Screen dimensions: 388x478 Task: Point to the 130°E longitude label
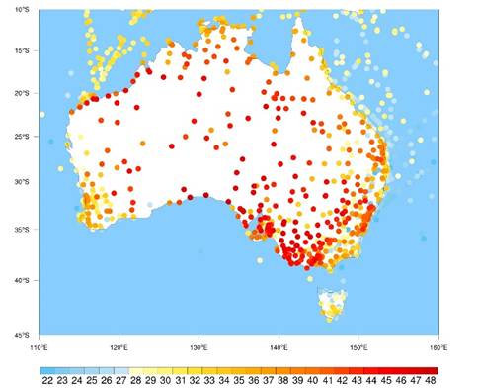click(x=198, y=345)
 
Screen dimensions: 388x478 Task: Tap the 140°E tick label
click(x=279, y=345)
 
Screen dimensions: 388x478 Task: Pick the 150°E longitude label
click(x=358, y=345)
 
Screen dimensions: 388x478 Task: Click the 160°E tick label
click(x=438, y=345)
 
